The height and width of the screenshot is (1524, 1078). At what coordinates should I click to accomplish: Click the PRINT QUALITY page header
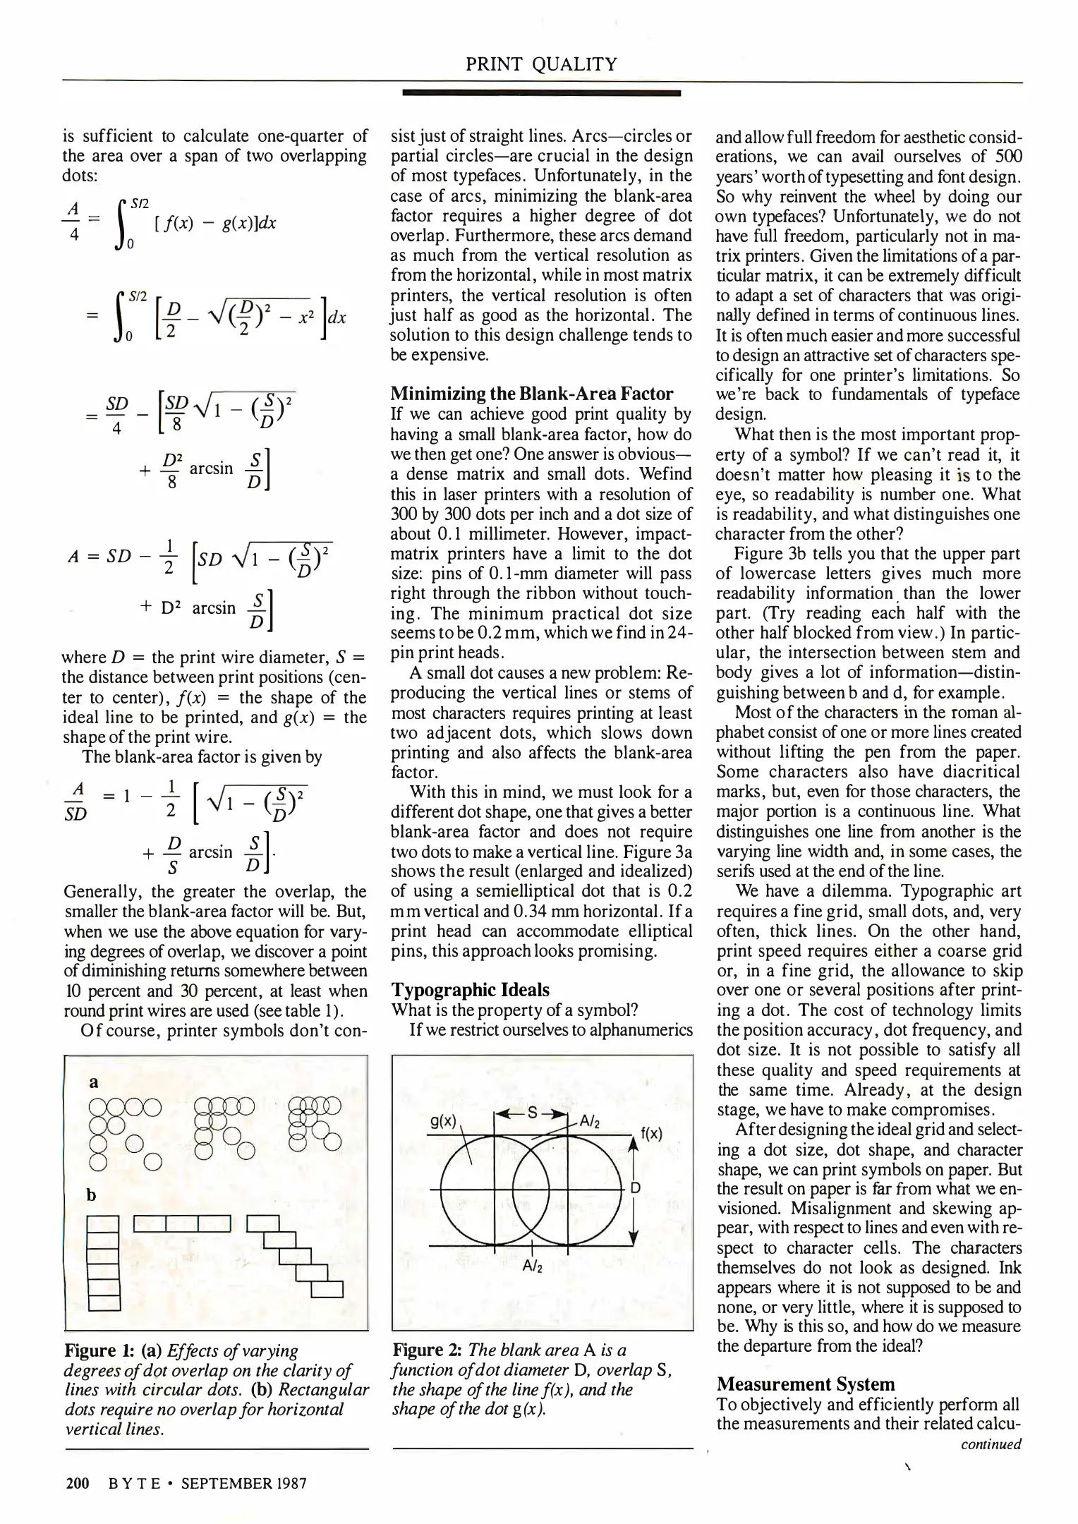(x=541, y=65)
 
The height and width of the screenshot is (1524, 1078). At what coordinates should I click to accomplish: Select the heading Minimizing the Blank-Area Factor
(x=532, y=394)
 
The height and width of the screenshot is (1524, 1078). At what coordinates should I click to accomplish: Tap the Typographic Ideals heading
(x=470, y=990)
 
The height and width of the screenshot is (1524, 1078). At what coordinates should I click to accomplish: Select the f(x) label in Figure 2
(x=651, y=1134)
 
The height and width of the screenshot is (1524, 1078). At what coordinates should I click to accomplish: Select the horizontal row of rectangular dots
(x=182, y=1222)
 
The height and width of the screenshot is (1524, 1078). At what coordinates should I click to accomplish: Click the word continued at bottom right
(x=991, y=1444)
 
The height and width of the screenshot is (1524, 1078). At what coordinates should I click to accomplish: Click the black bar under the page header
(x=541, y=92)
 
